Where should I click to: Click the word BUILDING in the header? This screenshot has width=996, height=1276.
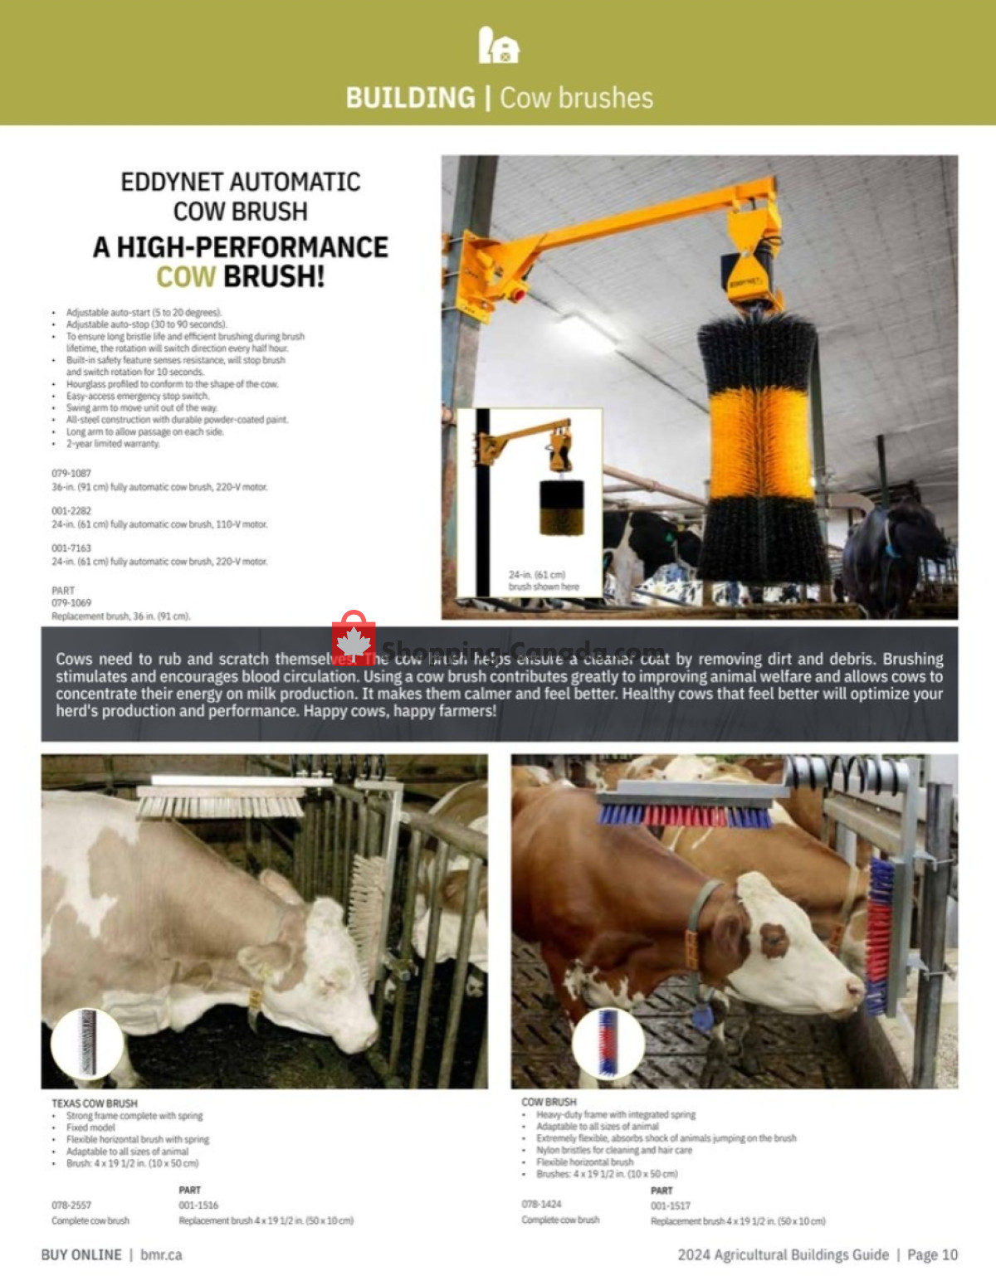point(410,98)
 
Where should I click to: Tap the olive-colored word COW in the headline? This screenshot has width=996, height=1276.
point(186,276)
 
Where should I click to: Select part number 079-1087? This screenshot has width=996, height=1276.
point(71,473)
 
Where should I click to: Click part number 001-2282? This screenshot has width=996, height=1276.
point(71,511)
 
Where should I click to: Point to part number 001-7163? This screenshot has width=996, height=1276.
point(71,548)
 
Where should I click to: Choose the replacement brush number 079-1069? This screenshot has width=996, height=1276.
point(71,603)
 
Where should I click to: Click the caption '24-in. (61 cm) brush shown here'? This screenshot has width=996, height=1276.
point(544,581)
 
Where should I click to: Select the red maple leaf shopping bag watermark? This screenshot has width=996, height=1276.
point(354,639)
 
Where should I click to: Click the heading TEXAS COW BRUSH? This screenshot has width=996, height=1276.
point(95,1103)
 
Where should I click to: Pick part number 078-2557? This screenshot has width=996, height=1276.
point(71,1205)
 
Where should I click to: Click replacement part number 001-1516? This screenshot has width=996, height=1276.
point(198,1205)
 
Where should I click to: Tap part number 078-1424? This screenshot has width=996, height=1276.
point(541,1204)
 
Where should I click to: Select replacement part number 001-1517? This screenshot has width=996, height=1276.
point(671,1205)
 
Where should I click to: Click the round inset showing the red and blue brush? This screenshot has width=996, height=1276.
point(608,1043)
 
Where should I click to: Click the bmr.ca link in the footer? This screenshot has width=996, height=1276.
point(161,1254)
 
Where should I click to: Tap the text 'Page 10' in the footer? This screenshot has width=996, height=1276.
point(932,1254)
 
